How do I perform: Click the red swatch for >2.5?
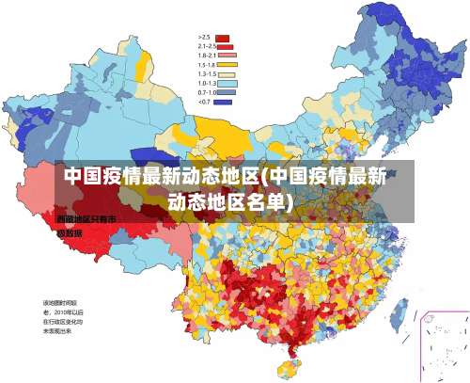pos(223,37)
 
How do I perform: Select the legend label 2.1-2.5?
pos(207,46)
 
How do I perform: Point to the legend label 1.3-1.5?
pos(207,73)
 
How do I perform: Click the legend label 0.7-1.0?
pos(207,92)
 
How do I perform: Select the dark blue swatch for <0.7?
pos(223,102)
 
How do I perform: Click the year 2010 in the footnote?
pos(65,311)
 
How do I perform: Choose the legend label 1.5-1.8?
pos(207,64)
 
